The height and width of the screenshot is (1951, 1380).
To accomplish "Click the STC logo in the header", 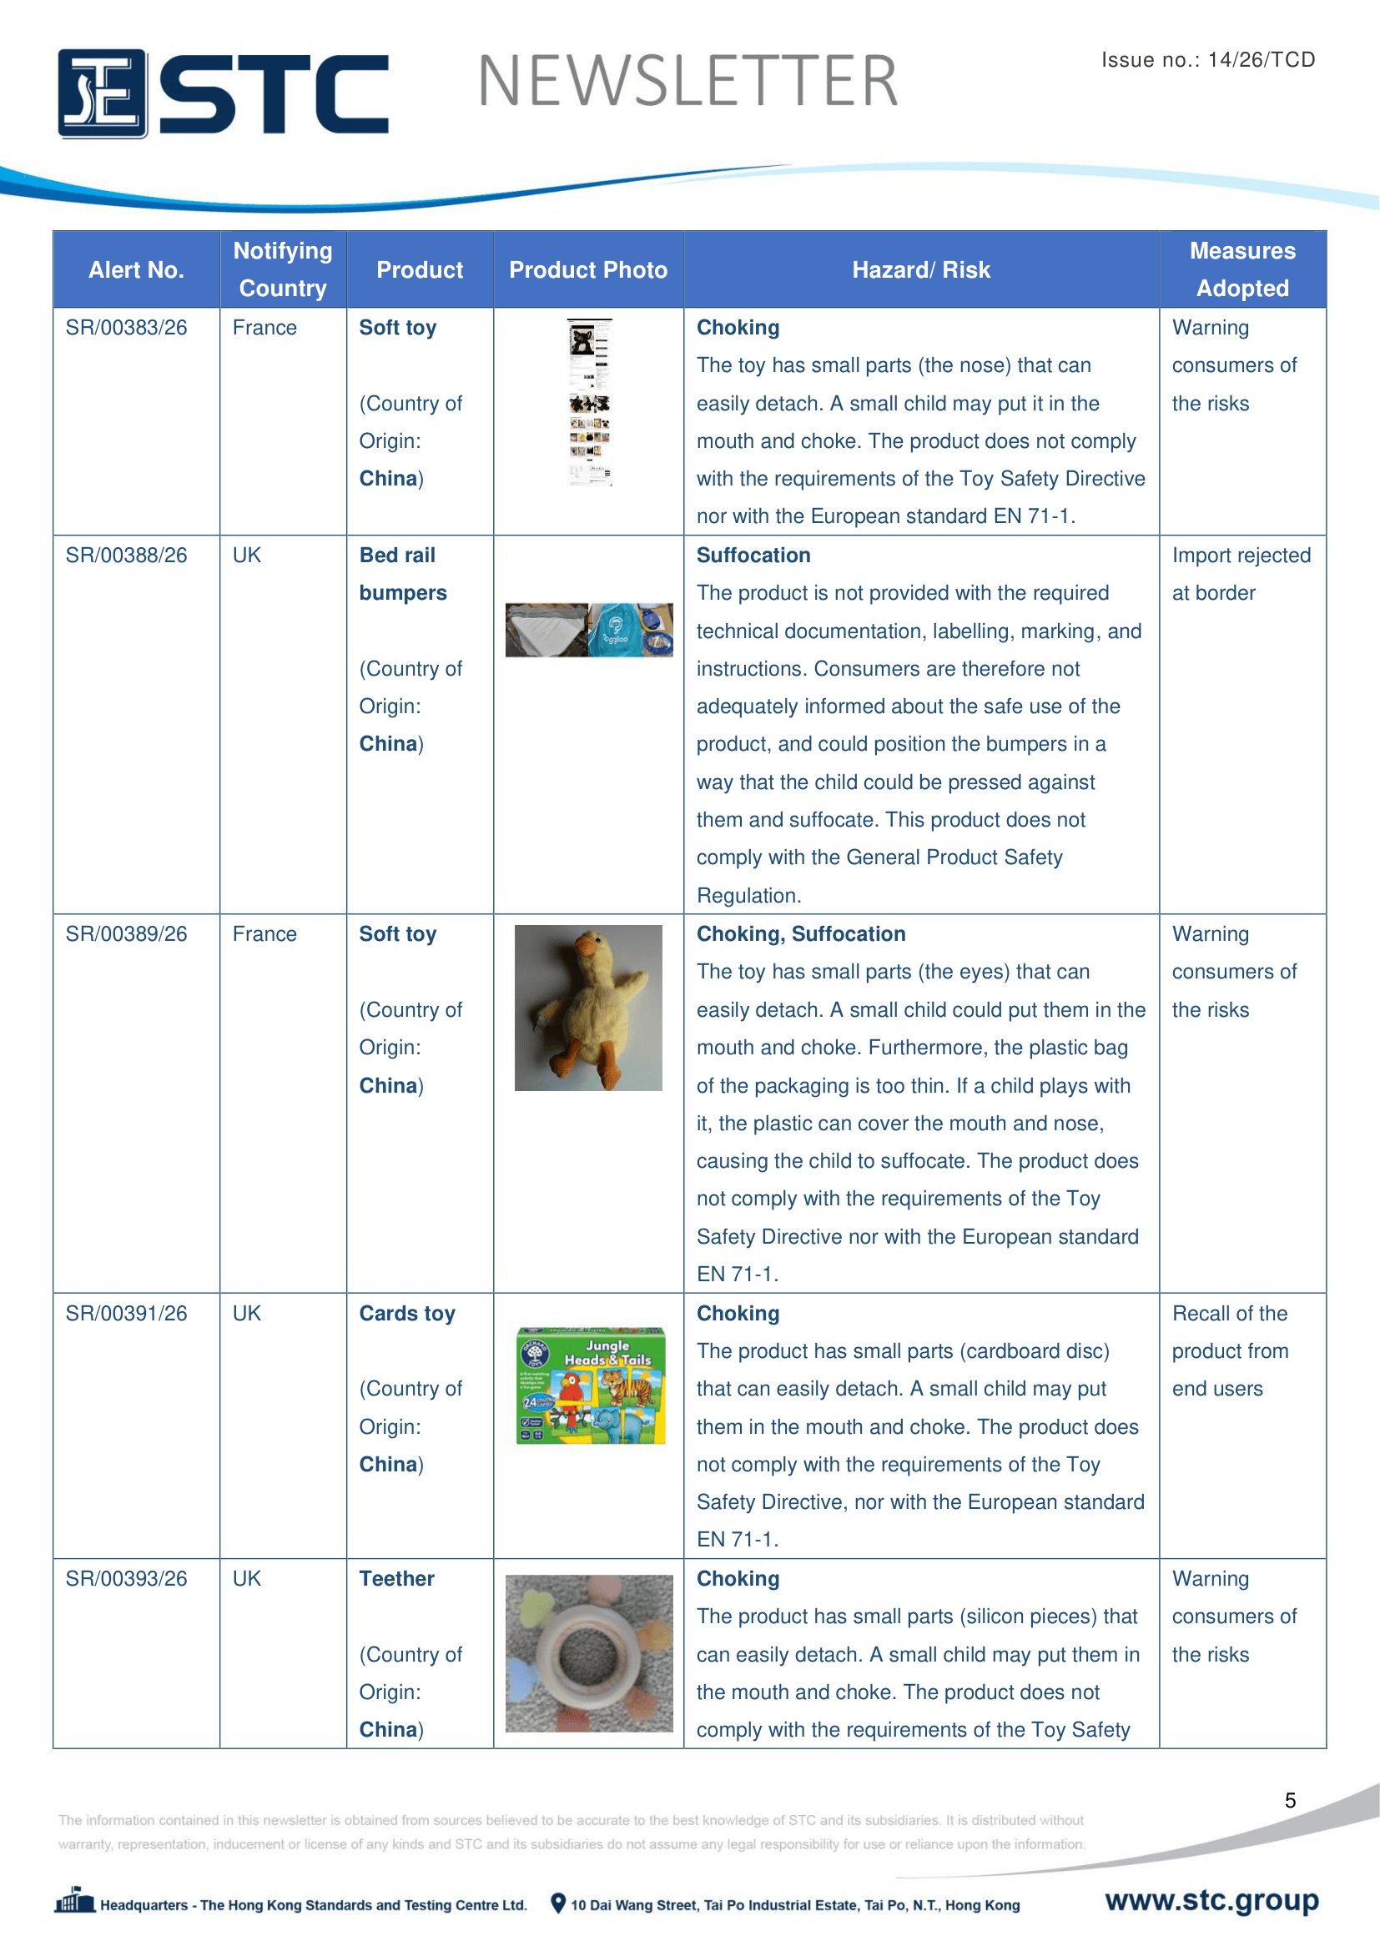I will pos(223,93).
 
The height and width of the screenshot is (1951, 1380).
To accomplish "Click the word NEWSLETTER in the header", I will pos(687,82).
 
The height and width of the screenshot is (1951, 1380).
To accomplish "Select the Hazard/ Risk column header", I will pos(920,270).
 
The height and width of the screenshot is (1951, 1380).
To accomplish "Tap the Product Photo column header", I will pos(588,270).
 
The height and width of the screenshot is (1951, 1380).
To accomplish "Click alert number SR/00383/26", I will pos(127,328).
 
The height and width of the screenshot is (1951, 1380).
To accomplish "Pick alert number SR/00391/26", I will pos(127,1313).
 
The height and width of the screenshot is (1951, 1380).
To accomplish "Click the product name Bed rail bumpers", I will pos(403,574).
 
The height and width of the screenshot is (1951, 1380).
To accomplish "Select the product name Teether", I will pos(397,1578).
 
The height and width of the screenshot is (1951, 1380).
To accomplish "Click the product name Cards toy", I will pos(407,1313).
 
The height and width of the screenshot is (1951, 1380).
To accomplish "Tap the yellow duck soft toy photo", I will pos(588,1007).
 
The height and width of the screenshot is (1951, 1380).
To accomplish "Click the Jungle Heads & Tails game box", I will pos(591,1385).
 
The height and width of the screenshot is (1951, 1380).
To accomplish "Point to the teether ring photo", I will pos(589,1652).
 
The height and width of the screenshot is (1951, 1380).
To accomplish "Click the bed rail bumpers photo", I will pos(589,630).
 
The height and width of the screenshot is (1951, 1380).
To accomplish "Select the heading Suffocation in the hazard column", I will pos(753,555).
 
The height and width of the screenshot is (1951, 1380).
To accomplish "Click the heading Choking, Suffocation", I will pos(800,934).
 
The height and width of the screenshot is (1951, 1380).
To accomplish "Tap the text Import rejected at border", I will pos(1241,574).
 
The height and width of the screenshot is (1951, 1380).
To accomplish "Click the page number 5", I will pos(1290,1800).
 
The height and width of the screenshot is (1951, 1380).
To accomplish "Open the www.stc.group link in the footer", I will pos(1211,1900).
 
